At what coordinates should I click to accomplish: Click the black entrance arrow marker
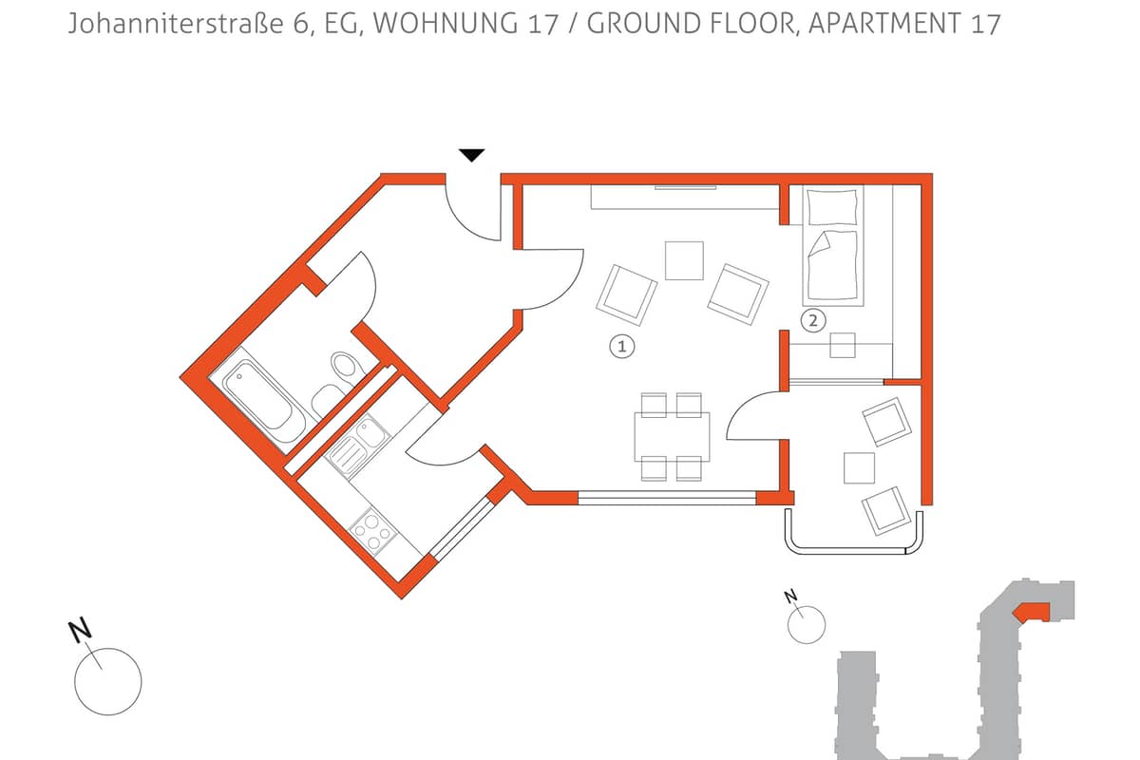(x=472, y=155)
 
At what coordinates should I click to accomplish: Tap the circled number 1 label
(x=621, y=347)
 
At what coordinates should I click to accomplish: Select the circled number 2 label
(x=813, y=321)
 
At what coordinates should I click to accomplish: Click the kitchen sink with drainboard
(x=358, y=446)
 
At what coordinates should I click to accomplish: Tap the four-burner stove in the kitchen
(x=373, y=531)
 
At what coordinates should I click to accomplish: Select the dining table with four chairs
(x=672, y=437)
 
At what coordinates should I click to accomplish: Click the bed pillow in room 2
(x=832, y=207)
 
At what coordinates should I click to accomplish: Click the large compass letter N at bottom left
(x=80, y=631)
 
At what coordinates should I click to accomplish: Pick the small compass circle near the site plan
(x=807, y=624)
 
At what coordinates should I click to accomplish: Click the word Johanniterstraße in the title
(x=175, y=24)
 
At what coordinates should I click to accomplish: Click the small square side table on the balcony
(x=859, y=467)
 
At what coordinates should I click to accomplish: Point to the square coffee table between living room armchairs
(x=684, y=260)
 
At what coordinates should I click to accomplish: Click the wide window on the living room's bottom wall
(x=667, y=498)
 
